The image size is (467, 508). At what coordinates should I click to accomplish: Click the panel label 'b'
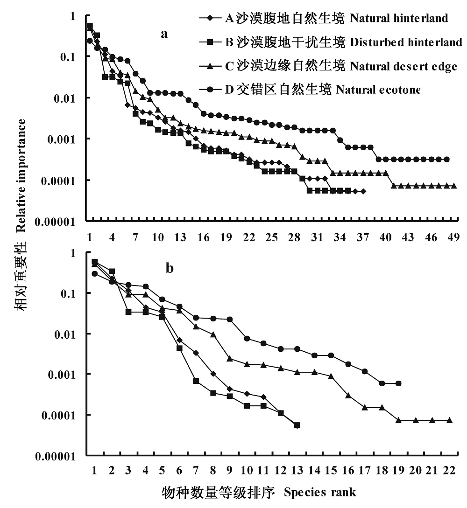[x=170, y=268]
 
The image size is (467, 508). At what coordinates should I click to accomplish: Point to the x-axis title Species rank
[x=320, y=493]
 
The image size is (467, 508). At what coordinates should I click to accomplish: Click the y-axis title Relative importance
[x=21, y=175]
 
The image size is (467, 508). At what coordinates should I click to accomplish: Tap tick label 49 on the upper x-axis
[x=453, y=237]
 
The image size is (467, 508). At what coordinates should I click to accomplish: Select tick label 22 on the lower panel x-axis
[x=449, y=470]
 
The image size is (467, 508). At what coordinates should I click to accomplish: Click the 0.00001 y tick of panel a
[x=55, y=222]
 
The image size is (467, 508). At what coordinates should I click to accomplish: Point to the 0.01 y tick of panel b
[x=64, y=334]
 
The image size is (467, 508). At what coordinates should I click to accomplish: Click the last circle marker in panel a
[x=447, y=160]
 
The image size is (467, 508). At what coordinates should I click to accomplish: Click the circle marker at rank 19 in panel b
[x=398, y=383]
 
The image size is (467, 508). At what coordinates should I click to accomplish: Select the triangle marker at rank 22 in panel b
[x=449, y=420]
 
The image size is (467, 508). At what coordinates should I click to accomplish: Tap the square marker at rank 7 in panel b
[x=196, y=381]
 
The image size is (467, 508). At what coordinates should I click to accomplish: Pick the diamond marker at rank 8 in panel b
[x=213, y=374]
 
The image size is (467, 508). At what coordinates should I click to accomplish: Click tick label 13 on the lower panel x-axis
[x=297, y=470]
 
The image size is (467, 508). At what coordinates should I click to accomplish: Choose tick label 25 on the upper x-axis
[x=271, y=237]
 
